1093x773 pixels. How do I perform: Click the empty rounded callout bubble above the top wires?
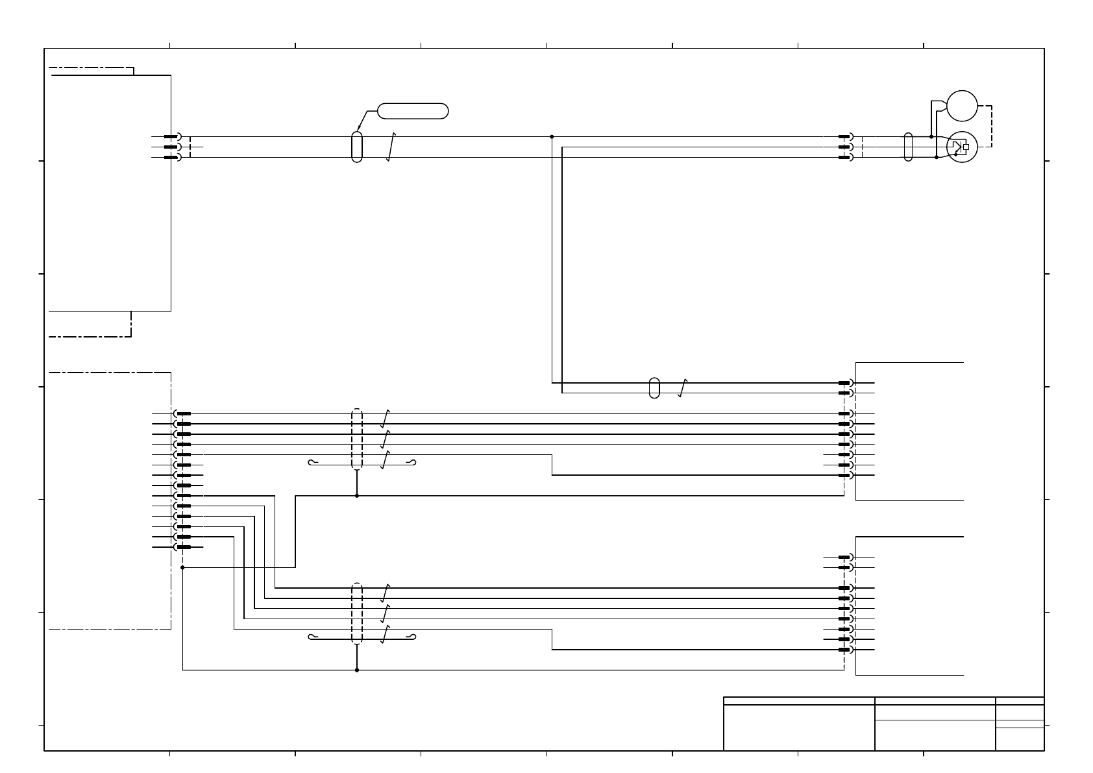tap(413, 111)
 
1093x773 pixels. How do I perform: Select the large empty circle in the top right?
tap(962, 106)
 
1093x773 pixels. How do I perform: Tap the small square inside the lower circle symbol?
tap(966, 147)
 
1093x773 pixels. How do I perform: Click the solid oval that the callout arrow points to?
tap(356, 147)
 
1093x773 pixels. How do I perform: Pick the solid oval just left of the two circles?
tap(908, 147)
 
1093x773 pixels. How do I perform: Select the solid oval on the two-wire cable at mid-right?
tap(654, 387)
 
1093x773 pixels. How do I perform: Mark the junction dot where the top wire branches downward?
tap(552, 137)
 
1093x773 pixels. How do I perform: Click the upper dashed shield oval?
tap(356, 439)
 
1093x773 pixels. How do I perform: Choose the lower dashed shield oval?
tap(356, 613)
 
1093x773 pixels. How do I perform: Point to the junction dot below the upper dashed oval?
tap(356, 495)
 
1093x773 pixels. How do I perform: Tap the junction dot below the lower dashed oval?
tap(356, 670)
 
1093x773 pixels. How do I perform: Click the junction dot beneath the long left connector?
tap(183, 567)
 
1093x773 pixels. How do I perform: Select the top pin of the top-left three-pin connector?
tap(171, 137)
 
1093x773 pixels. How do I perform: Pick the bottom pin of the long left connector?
tap(184, 547)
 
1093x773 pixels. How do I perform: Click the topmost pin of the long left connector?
tap(184, 413)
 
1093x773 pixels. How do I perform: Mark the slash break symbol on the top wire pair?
tap(390, 147)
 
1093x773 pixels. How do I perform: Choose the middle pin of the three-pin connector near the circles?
tap(844, 147)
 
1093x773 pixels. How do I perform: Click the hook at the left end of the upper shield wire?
tap(312, 463)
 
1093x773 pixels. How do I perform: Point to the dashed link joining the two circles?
tap(991, 126)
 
